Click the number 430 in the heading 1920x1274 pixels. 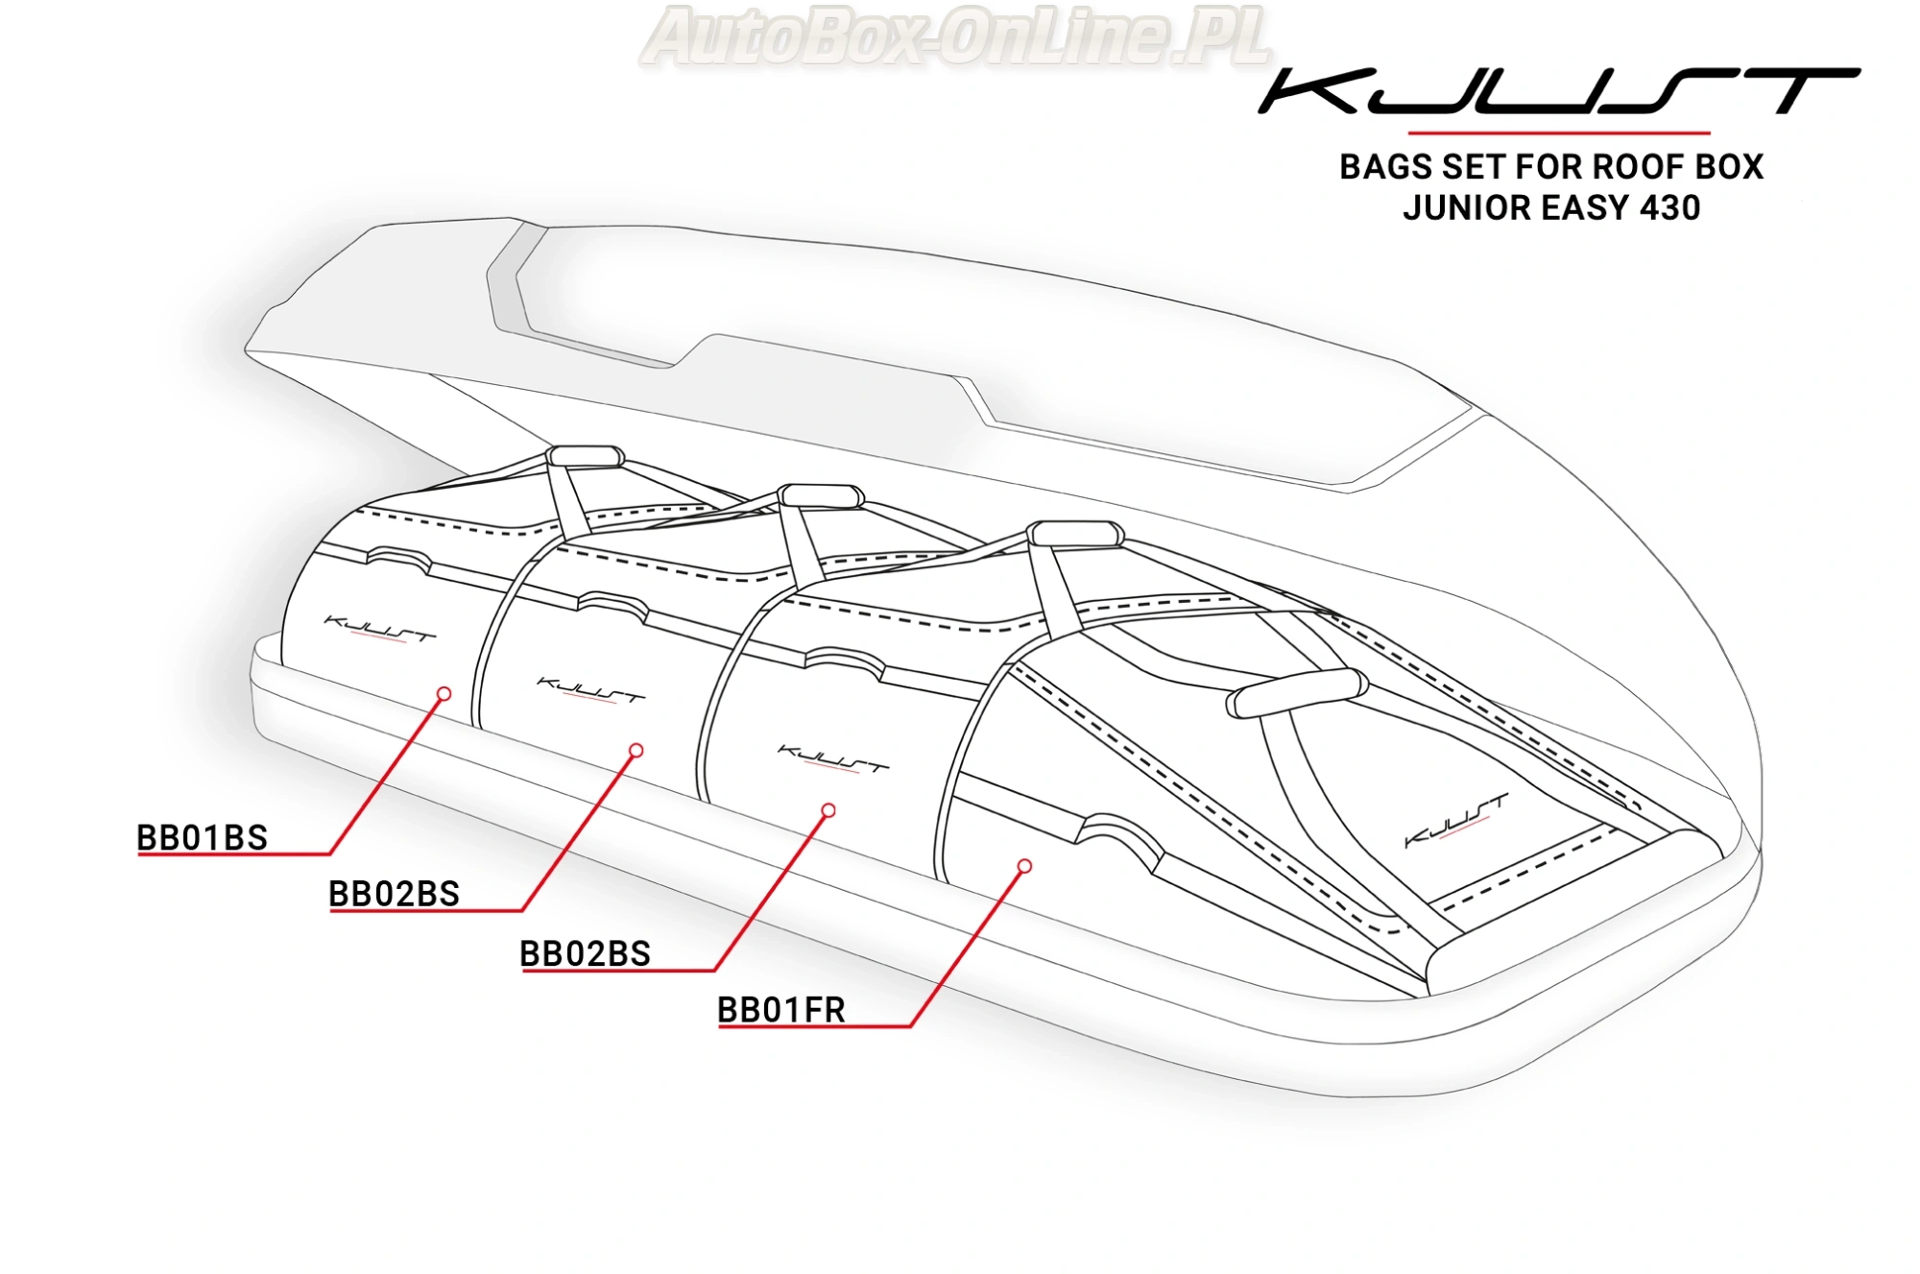(1670, 208)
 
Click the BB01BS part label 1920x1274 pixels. (202, 838)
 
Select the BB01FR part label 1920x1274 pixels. (780, 1011)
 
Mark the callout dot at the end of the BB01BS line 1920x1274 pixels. (444, 693)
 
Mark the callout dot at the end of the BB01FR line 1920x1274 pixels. (1024, 866)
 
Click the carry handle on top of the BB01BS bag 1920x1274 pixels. (585, 455)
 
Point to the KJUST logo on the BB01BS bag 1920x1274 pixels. (380, 630)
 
